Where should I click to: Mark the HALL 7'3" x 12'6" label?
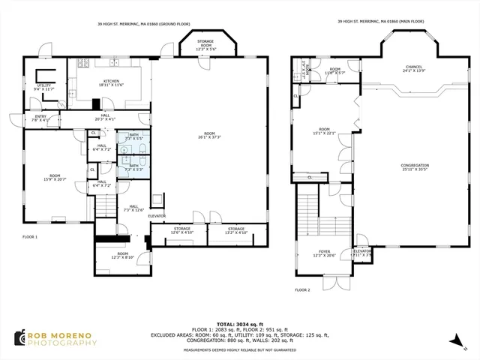pos(133,208)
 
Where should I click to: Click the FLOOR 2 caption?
pos(302,289)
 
